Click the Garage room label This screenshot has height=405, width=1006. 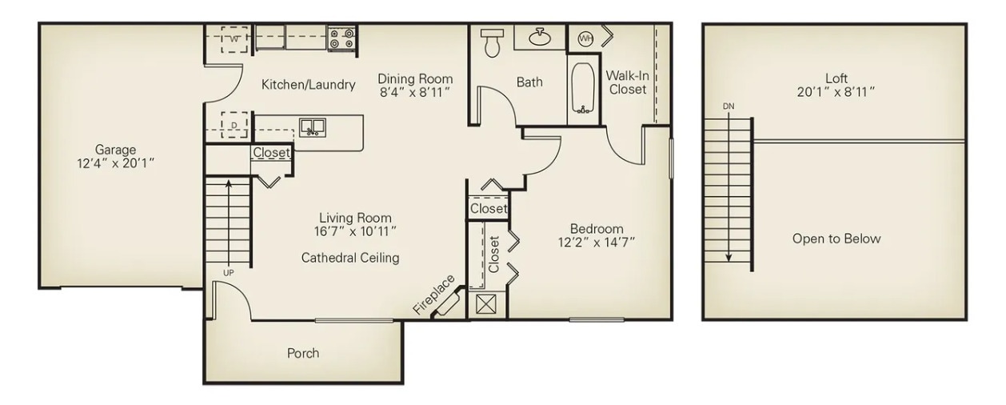pos(116,150)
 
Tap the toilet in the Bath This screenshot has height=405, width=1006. pos(490,43)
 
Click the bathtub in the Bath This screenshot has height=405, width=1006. pos(584,88)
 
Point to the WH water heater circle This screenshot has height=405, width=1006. pos(585,38)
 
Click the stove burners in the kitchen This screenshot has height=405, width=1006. pos(341,38)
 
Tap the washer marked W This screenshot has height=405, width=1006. pos(234,38)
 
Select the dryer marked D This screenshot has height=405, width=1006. pos(234,125)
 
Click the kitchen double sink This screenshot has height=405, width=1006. pos(312,127)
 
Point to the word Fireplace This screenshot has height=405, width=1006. pos(434,294)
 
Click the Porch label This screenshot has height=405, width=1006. pos(303,353)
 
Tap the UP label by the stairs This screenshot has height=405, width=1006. pos(229,273)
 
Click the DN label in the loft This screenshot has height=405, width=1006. pos(728,106)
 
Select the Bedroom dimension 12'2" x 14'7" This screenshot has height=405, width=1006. pos(597,243)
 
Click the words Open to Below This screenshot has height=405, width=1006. pos(836,239)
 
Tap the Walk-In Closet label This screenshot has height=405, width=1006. pos(627,82)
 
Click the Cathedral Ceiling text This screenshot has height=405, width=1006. pos(350,258)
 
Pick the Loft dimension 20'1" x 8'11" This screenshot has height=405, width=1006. pos(836,92)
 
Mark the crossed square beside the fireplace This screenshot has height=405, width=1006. pos(485,305)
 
